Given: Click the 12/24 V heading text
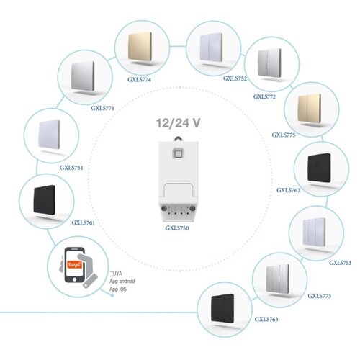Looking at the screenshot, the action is tap(178, 122).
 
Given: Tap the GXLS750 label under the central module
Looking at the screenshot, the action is tap(177, 228).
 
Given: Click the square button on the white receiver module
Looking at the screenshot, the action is tap(179, 153).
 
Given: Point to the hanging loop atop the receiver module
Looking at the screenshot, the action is tap(178, 139).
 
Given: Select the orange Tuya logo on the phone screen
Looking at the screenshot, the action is tap(74, 264).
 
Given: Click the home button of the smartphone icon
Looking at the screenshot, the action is tap(74, 279).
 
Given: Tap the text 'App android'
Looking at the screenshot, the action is tap(122, 282).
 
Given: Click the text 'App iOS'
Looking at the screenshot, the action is tap(118, 289).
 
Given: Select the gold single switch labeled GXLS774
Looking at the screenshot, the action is tap(140, 47).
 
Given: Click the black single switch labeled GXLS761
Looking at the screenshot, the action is tap(45, 199).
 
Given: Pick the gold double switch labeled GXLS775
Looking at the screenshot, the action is tap(310, 108).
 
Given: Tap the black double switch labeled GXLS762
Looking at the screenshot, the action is tap(319, 168).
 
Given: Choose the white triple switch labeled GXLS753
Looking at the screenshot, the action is tap(314, 232).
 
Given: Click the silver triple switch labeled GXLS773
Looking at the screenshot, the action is tap(278, 279).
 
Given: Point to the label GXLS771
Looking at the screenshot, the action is tap(102, 108).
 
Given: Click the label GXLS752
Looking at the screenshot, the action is tap(235, 78).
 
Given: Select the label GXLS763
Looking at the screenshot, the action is tap(266, 319).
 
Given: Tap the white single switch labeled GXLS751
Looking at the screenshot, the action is tap(49, 134).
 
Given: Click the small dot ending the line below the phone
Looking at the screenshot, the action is tap(112, 295).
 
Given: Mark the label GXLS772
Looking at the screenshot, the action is tap(264, 96).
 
